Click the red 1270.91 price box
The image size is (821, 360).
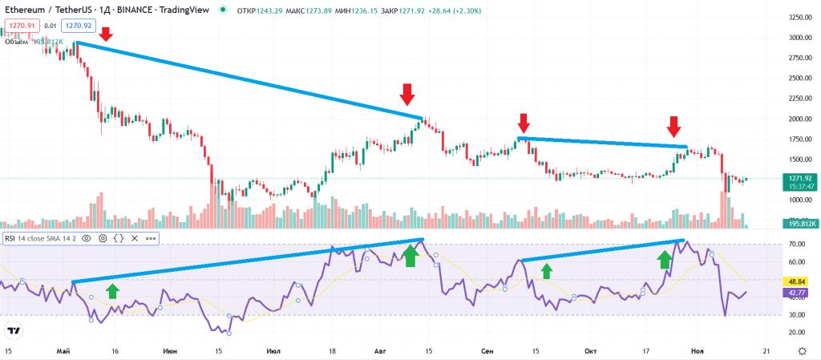(18, 26)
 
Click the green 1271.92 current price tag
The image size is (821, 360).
(798, 179)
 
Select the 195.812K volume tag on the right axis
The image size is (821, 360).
(799, 222)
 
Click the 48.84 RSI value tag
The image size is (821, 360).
(799, 282)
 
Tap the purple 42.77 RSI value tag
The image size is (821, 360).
(799, 293)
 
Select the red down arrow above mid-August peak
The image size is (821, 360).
(407, 94)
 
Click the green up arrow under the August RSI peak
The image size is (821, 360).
(410, 256)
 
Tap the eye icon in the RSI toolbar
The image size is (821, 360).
(87, 238)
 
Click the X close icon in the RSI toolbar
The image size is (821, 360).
(134, 238)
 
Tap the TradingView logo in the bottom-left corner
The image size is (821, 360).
(14, 330)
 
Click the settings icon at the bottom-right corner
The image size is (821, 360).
(803, 350)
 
